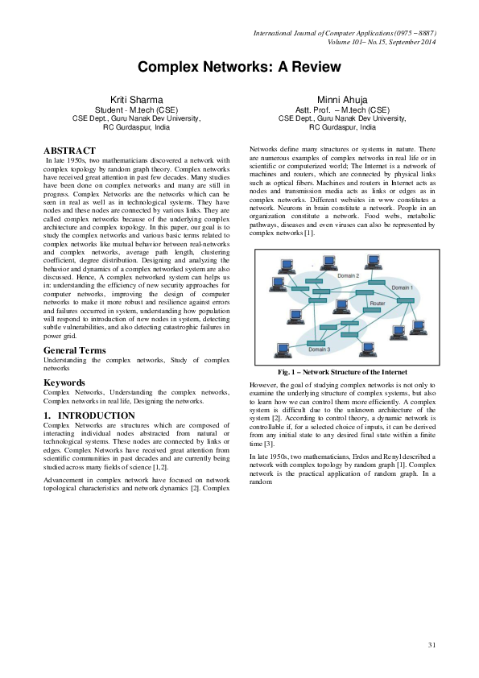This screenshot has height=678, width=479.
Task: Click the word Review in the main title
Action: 291,68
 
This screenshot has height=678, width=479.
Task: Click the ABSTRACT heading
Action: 69,151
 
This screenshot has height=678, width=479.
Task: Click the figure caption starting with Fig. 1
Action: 342,372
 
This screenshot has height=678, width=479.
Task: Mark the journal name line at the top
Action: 345,34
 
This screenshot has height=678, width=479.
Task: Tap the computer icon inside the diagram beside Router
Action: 341,305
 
